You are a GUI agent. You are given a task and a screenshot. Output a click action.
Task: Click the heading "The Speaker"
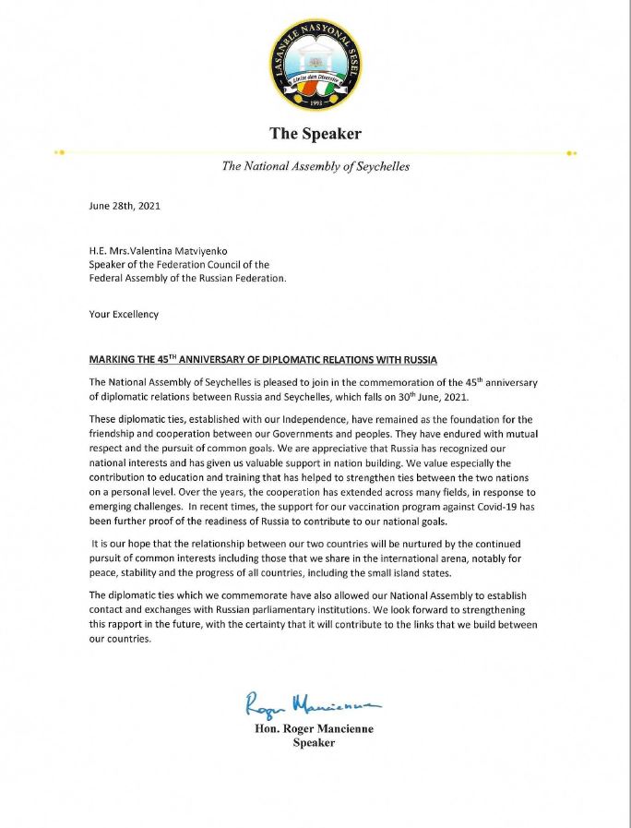click(315, 134)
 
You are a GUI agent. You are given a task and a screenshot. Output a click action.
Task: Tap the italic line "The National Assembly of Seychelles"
click(315, 167)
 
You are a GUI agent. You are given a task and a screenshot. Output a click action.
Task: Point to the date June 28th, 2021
click(125, 206)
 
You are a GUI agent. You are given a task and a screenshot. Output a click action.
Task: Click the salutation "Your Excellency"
click(124, 314)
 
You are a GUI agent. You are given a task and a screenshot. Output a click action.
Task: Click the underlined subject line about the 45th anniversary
click(263, 358)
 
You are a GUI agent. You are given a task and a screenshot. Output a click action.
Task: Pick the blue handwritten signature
click(313, 704)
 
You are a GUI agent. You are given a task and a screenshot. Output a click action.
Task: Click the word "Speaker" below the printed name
click(314, 743)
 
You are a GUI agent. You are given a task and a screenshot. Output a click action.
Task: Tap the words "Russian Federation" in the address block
click(239, 278)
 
